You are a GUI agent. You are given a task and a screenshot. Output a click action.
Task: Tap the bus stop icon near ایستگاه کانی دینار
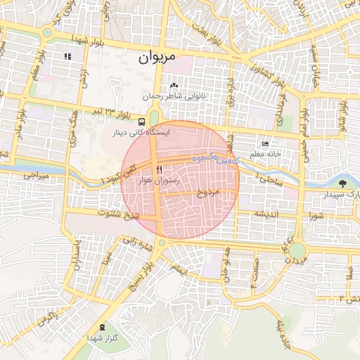143,121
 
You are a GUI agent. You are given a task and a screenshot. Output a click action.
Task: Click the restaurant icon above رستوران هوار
159,170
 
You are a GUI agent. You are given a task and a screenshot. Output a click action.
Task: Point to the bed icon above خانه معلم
264,143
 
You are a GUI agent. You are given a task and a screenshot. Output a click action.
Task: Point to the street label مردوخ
210,192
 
